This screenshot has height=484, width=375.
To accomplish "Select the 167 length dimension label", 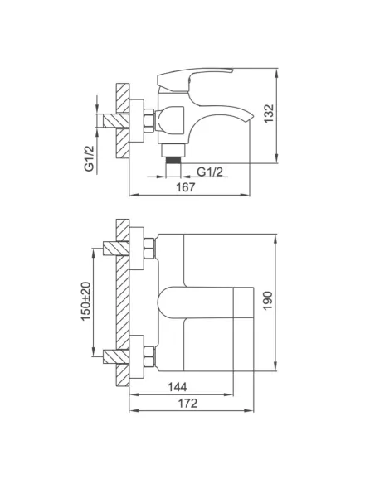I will pos(186,188).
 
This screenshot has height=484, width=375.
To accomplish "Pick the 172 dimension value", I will pos(189,407).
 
